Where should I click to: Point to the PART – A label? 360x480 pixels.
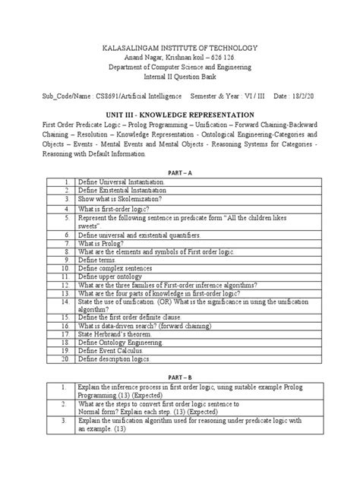(179, 172)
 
